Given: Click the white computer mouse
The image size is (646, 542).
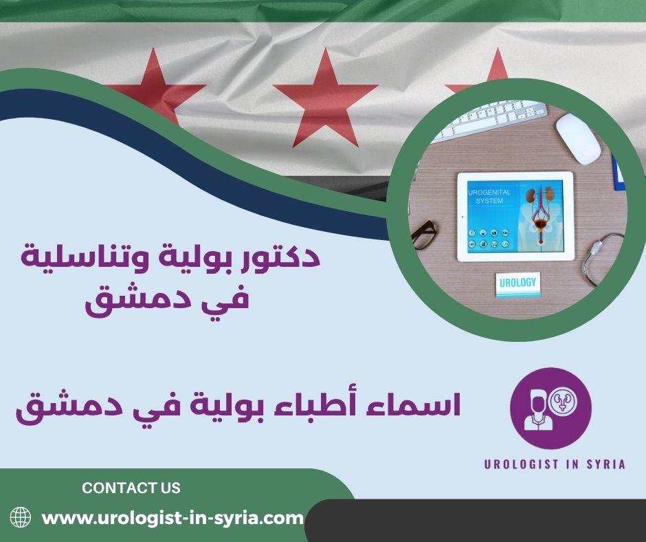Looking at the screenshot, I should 578,137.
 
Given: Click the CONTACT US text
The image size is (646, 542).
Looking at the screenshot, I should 131,488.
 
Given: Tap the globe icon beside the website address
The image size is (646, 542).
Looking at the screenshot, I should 21,517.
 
